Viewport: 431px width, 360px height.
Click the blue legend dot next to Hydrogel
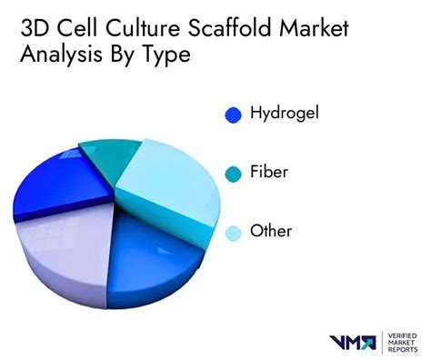(233, 115)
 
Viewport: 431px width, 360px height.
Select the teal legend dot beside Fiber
(233, 174)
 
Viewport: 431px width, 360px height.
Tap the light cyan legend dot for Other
(233, 233)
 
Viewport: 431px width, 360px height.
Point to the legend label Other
(272, 232)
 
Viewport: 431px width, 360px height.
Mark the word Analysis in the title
(58, 55)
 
